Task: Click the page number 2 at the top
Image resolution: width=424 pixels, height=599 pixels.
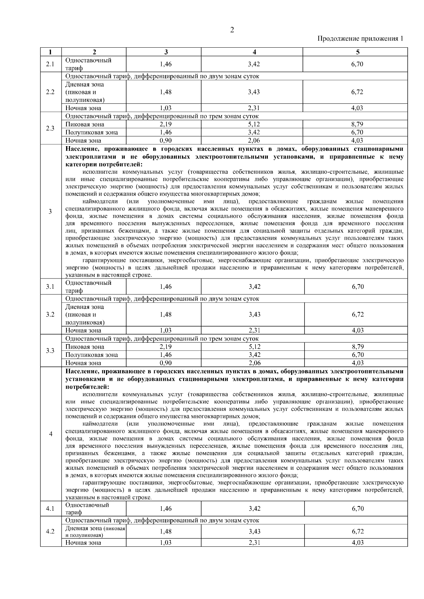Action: click(232, 30)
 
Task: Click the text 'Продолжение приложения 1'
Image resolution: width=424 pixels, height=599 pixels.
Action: click(360, 38)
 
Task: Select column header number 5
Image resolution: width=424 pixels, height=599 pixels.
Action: click(357, 52)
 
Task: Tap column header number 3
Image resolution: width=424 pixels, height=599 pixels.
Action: click(166, 52)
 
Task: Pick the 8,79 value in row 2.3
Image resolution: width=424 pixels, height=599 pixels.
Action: click(357, 124)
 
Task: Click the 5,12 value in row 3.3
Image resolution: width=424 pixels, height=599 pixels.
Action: click(254, 347)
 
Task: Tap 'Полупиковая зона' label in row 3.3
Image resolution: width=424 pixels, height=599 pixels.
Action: click(92, 355)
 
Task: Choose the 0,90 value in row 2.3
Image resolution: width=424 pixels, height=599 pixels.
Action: click(166, 140)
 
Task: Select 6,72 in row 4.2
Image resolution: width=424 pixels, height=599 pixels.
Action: click(357, 531)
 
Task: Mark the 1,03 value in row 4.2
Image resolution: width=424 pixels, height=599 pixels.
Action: click(166, 543)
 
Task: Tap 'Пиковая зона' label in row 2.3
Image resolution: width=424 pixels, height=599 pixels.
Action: click(85, 124)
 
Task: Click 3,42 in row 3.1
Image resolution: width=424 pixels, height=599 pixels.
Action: click(254, 287)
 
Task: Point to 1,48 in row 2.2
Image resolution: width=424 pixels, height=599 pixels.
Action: click(166, 92)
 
